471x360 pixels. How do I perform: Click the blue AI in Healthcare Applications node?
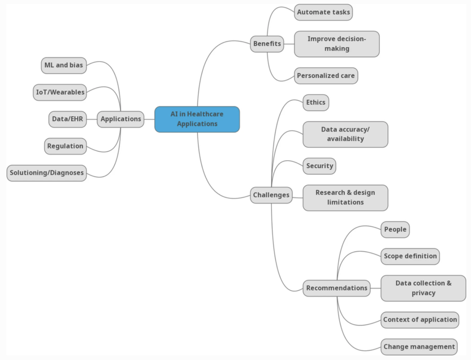[x=197, y=119]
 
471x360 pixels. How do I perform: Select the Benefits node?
[x=267, y=44]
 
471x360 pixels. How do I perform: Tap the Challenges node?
[x=271, y=195]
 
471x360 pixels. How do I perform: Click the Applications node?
[x=121, y=119]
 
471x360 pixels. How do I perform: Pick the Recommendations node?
[x=337, y=288]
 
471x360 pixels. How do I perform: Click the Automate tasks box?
[x=324, y=12]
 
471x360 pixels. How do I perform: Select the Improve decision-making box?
[x=337, y=44]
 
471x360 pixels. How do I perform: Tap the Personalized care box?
[x=326, y=76]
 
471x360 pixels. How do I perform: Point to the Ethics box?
[x=316, y=102]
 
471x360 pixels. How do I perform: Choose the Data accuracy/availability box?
[x=345, y=134]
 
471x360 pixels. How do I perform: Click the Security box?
[x=319, y=166]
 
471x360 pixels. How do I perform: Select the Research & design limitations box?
[x=345, y=197]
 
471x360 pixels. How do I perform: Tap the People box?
[x=395, y=229]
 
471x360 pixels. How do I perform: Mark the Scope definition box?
[x=410, y=256]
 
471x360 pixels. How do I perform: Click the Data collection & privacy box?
[x=423, y=288]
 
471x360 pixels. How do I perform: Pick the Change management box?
[x=419, y=347]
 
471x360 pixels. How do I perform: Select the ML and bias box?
[x=64, y=65]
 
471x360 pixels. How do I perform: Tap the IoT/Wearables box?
[x=60, y=92]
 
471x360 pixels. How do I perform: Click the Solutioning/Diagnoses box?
[x=47, y=173]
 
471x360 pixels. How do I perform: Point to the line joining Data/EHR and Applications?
[x=92, y=119]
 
